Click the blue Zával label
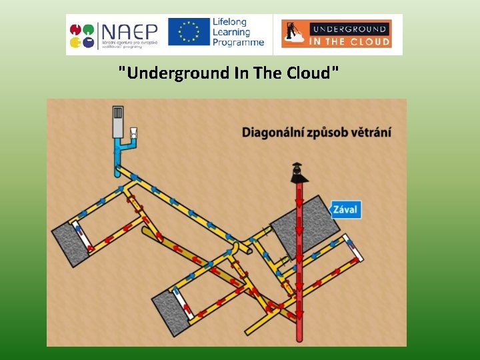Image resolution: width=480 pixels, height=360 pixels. (x=345, y=209)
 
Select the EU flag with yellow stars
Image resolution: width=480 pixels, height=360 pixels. (x=189, y=32)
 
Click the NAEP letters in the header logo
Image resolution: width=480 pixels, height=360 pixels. (x=129, y=30)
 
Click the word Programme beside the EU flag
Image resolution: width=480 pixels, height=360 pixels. (x=238, y=43)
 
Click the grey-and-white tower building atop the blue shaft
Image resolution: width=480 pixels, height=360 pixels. (x=119, y=121)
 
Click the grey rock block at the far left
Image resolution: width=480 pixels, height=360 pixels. (x=70, y=241)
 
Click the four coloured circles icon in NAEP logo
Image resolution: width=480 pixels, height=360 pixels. (x=81, y=35)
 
